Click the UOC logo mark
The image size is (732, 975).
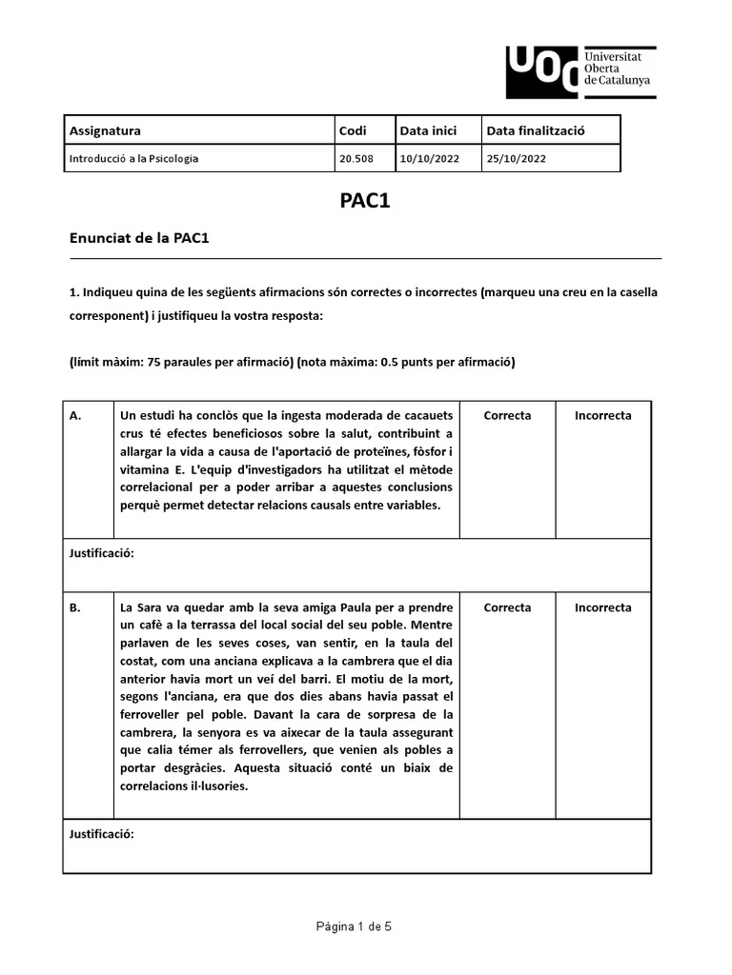click(541, 72)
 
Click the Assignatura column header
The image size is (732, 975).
click(105, 130)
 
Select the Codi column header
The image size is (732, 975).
click(353, 130)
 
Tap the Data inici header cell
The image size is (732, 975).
click(429, 130)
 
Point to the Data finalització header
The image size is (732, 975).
click(536, 130)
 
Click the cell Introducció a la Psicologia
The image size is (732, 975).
click(134, 158)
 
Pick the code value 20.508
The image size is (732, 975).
click(352, 158)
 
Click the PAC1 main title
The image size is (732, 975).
click(365, 201)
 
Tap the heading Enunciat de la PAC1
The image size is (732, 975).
click(139, 238)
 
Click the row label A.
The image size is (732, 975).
click(76, 415)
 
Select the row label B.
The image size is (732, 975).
click(75, 607)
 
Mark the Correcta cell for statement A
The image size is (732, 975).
click(507, 415)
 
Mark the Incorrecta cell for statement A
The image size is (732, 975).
click(602, 415)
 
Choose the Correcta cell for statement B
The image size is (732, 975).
click(507, 607)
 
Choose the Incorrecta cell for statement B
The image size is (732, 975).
click(602, 607)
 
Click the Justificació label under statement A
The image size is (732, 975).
click(102, 553)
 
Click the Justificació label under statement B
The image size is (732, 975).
click(102, 834)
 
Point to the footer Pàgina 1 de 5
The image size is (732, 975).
click(356, 927)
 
